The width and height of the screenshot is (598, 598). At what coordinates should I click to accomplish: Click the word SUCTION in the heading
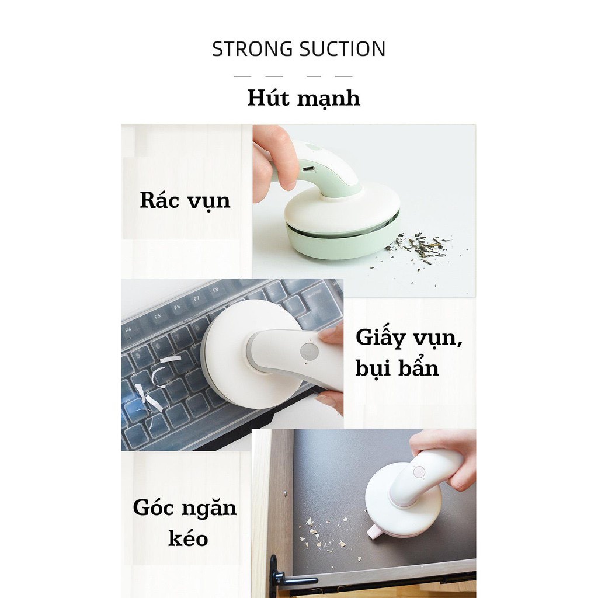(x=342, y=49)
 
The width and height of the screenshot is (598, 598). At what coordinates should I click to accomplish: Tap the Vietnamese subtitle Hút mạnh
(x=304, y=99)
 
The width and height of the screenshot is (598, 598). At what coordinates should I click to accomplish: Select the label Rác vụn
(x=185, y=201)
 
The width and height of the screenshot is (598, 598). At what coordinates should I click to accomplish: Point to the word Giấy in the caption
(x=380, y=338)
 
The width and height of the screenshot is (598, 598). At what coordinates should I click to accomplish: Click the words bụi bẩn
(x=397, y=368)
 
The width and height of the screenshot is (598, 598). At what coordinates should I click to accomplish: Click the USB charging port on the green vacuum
(x=308, y=169)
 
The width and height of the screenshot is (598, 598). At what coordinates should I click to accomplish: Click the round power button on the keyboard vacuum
(x=310, y=352)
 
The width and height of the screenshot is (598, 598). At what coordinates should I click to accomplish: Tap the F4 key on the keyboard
(x=128, y=329)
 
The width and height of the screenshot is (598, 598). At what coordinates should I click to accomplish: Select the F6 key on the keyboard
(x=177, y=307)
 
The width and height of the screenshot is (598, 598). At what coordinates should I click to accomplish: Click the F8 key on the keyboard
(x=216, y=290)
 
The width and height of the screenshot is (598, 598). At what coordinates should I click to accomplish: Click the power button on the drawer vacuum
(x=419, y=472)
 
